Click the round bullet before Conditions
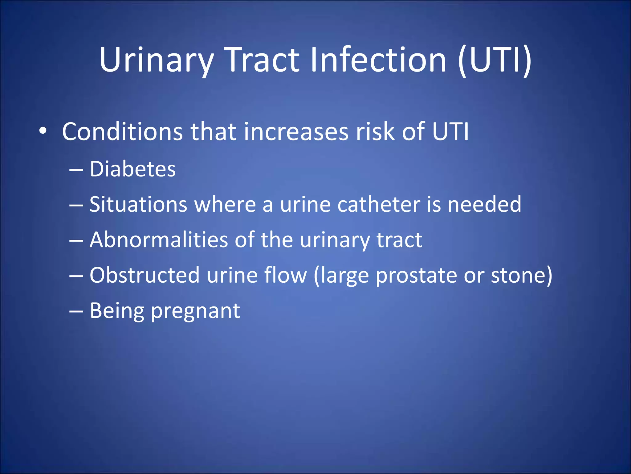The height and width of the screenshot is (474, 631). (43, 131)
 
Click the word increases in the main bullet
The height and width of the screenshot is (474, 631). (296, 132)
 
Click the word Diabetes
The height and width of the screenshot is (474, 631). (132, 169)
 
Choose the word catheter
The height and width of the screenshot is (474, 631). (379, 204)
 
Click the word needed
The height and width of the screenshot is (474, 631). (484, 204)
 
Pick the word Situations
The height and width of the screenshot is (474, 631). (138, 204)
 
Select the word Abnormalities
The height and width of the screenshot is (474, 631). (158, 240)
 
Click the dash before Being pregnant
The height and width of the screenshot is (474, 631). (76, 311)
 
